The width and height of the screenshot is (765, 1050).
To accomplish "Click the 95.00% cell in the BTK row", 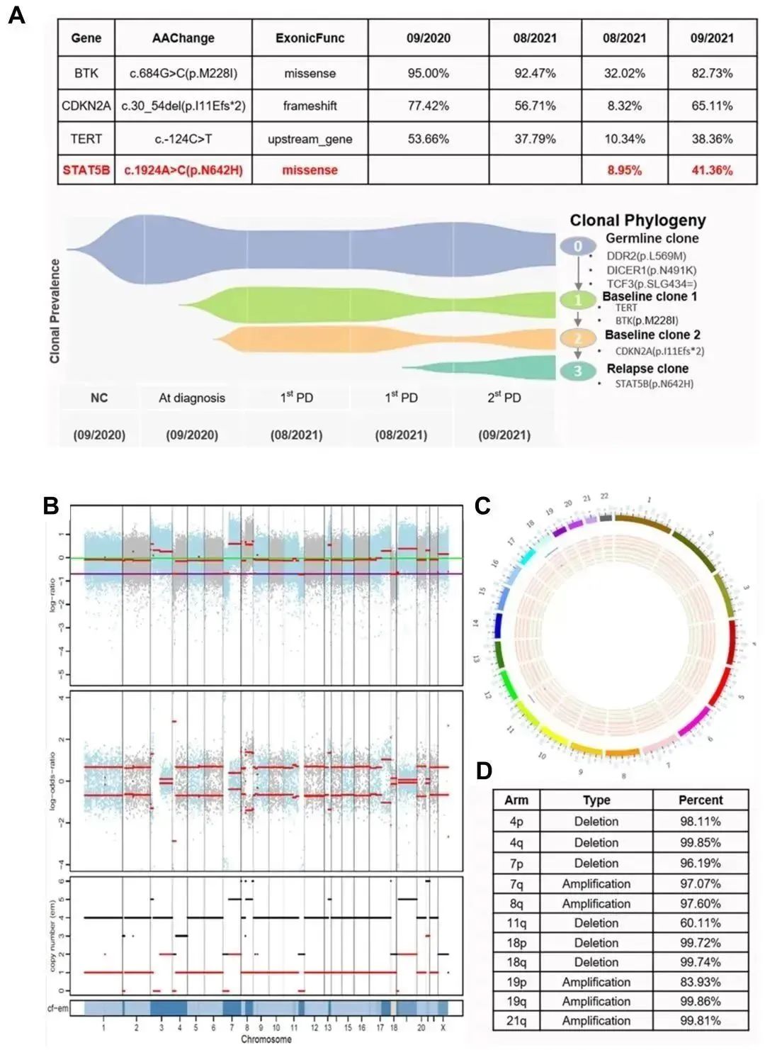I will pos(428,73).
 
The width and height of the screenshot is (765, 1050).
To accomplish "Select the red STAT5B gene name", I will pos(86,170).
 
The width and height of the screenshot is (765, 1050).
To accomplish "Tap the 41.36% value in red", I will pos(711,170).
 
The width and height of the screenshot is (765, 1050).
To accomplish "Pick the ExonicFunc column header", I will pos(310,38).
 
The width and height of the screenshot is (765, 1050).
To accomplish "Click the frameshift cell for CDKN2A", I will pos(310,106).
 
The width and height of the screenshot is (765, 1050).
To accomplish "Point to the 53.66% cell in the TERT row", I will pos(428,139).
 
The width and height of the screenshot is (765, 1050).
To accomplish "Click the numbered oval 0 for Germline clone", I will pos(578,246).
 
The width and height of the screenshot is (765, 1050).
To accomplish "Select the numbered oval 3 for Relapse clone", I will pos(578,371).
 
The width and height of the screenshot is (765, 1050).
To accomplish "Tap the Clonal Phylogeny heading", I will pos(637,220).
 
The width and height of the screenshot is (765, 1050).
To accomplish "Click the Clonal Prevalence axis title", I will pos(55,311).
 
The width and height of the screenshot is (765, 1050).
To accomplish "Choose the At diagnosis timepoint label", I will pos(191,398).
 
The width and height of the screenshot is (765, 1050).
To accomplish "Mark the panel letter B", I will pos(50,506).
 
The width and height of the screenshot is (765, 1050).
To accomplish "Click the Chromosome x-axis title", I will pos(266,1039).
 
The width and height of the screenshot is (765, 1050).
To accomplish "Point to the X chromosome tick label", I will pos(443,1027).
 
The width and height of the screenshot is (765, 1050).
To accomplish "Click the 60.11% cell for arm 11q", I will pos(700,923).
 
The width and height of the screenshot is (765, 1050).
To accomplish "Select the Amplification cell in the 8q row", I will pos(596,903).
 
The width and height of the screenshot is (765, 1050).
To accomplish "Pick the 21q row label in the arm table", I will pos(516,1020).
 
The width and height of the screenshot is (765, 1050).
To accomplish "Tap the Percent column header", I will pos(700,800).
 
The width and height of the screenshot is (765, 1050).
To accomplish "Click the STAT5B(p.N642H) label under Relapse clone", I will pos(654,384).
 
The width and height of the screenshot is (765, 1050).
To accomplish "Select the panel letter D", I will pos(484,771).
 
